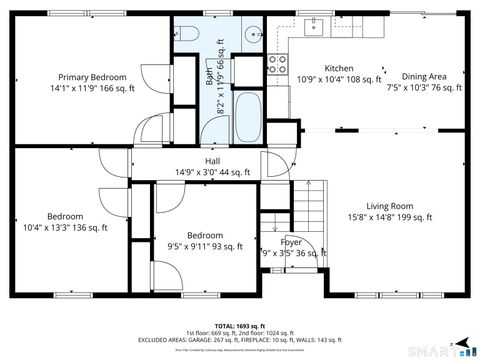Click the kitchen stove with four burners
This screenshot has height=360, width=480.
pyautogui.click(x=277, y=65)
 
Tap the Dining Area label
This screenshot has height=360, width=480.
pyautogui.click(x=423, y=77)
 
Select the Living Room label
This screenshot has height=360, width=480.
pyautogui.click(x=389, y=206)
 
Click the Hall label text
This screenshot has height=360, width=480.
pyautogui.click(x=213, y=162)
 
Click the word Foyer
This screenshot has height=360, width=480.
pyautogui.click(x=291, y=242)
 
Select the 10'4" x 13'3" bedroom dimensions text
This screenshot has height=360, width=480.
pyautogui.click(x=65, y=227)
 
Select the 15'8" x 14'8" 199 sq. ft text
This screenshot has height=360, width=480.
pyautogui.click(x=389, y=217)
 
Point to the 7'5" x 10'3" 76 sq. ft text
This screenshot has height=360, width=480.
pyautogui.click(x=423, y=88)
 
